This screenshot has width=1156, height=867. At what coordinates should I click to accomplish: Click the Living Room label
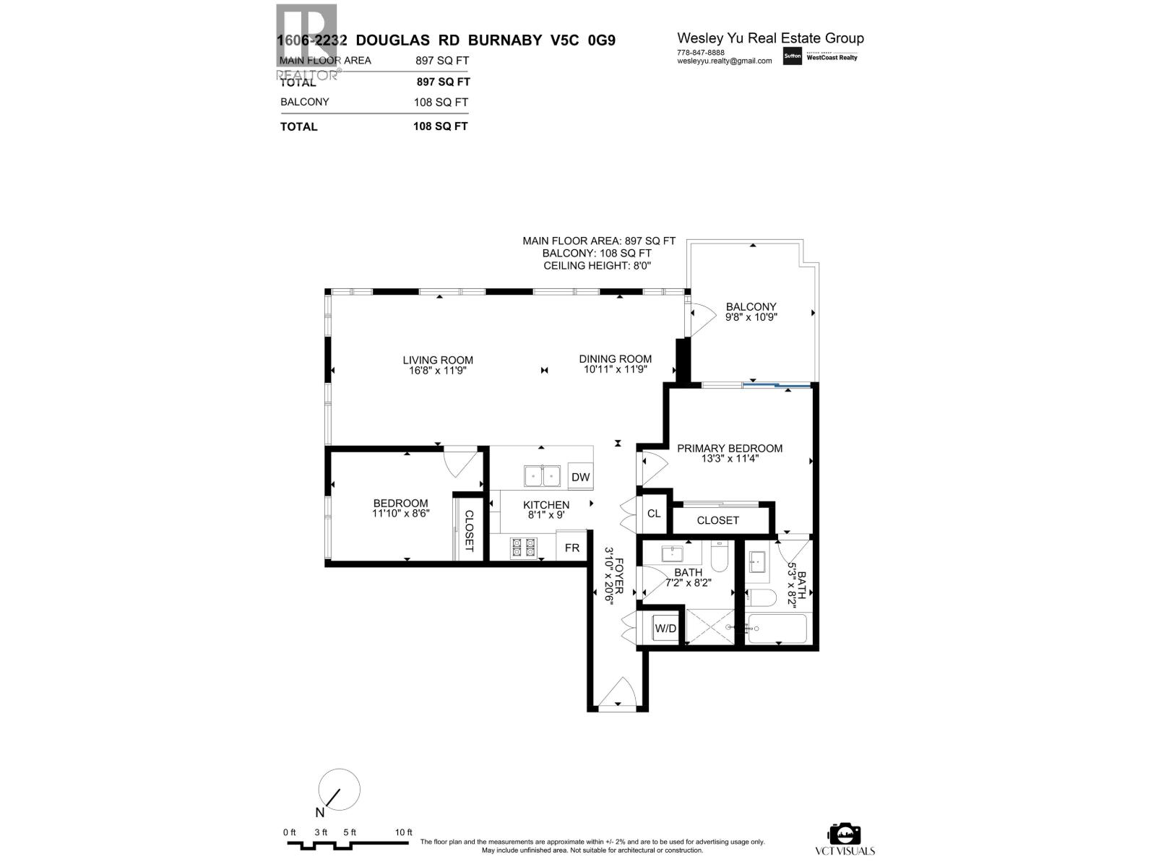pyautogui.click(x=438, y=360)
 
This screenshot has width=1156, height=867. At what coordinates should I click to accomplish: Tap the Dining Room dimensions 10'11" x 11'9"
pyautogui.click(x=616, y=369)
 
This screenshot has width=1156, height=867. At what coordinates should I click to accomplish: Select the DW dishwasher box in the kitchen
pyautogui.click(x=580, y=477)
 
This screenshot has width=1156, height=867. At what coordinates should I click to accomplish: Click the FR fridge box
pyautogui.click(x=572, y=548)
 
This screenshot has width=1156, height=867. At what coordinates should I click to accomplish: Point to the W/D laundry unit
pyautogui.click(x=665, y=629)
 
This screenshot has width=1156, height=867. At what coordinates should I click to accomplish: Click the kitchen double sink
pyautogui.click(x=543, y=476)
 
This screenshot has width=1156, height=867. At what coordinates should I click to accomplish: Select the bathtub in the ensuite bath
pyautogui.click(x=777, y=629)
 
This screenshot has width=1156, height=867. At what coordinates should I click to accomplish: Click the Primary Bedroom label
pyautogui.click(x=730, y=448)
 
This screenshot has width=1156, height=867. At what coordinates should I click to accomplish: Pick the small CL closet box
pyautogui.click(x=654, y=514)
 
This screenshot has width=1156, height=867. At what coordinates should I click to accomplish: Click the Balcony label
pyautogui.click(x=751, y=306)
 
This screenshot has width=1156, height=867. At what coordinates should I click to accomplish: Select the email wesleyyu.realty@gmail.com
pyautogui.click(x=724, y=61)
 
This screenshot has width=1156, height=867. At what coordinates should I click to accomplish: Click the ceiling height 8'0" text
pyautogui.click(x=598, y=266)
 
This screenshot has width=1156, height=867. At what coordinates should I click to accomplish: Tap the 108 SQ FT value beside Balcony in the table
pyautogui.click(x=441, y=102)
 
